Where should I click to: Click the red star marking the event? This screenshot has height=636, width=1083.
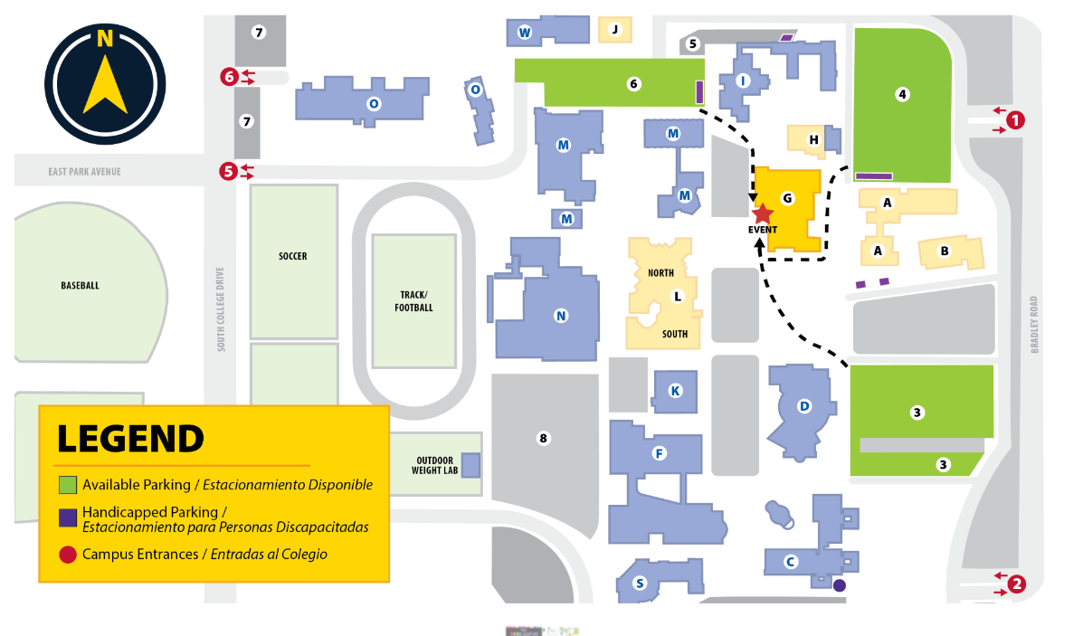pyautogui.click(x=763, y=213)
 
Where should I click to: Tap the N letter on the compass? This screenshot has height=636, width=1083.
pyautogui.click(x=105, y=39)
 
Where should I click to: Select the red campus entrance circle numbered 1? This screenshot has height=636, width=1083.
pyautogui.click(x=1016, y=119)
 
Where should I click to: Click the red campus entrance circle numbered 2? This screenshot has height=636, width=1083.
pyautogui.click(x=1016, y=584)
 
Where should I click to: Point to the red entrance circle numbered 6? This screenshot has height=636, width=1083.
pyautogui.click(x=229, y=77)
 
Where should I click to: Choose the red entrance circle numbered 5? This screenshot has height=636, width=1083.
pyautogui.click(x=229, y=170)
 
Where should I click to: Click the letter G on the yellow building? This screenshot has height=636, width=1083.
pyautogui.click(x=787, y=197)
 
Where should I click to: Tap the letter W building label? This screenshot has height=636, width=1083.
pyautogui.click(x=524, y=33)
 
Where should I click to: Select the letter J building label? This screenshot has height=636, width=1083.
pyautogui.click(x=615, y=29)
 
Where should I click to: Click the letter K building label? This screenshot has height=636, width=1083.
pyautogui.click(x=675, y=391)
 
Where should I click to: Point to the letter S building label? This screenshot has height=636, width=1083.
pyautogui.click(x=641, y=583)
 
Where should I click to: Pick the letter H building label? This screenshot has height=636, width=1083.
pyautogui.click(x=813, y=139)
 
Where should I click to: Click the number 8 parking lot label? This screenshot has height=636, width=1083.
pyautogui.click(x=544, y=439)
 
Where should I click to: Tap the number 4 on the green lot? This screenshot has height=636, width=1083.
pyautogui.click(x=902, y=93)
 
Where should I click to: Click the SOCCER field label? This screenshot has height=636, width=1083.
pyautogui.click(x=292, y=256)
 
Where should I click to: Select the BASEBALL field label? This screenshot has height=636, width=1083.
pyautogui.click(x=80, y=285)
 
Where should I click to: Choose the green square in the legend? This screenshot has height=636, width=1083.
pyautogui.click(x=68, y=485)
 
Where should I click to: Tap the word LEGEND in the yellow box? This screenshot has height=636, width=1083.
pyautogui.click(x=130, y=438)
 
